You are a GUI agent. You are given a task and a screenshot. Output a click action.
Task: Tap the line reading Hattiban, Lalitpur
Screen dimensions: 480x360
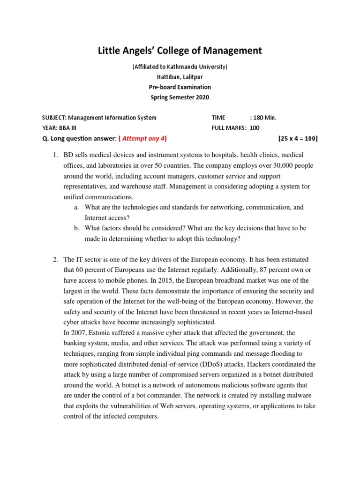180,77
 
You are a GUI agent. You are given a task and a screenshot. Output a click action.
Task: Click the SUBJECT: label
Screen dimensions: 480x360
55,118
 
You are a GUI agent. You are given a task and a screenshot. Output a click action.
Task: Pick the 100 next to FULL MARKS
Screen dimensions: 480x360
255,127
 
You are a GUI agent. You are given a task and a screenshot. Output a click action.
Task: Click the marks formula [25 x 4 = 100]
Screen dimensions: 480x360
298,138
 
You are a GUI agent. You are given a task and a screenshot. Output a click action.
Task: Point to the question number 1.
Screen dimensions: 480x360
54,155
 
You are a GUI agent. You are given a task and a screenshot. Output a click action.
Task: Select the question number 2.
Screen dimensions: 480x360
54,259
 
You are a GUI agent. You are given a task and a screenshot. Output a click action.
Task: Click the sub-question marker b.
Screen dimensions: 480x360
76,228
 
